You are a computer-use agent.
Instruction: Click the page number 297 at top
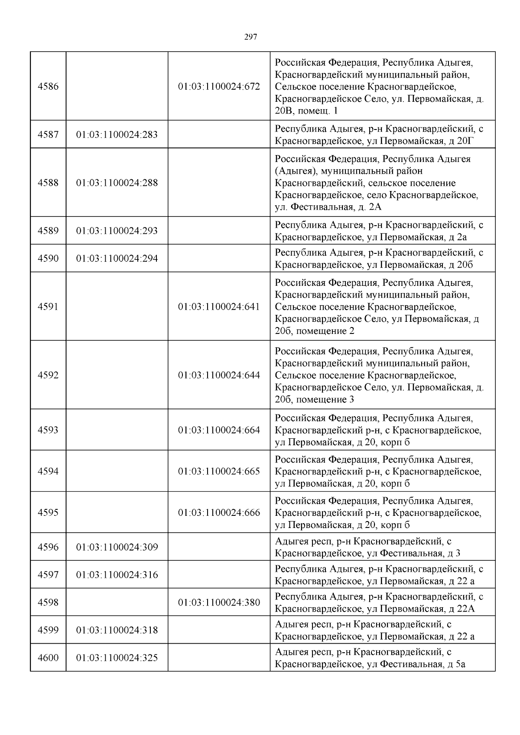[250, 37]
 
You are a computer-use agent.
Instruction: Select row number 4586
[48, 86]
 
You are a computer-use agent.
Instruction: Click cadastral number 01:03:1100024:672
[219, 86]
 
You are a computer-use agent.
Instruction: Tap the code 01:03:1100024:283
[117, 135]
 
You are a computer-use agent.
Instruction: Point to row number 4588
[48, 183]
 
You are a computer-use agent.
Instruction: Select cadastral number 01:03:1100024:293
[117, 231]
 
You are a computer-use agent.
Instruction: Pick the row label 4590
[48, 259]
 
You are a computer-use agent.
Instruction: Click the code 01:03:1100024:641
[219, 307]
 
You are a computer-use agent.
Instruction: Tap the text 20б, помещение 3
[314, 399]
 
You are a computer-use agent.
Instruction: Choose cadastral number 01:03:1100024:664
[219, 430]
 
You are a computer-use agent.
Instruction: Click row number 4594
[48, 471]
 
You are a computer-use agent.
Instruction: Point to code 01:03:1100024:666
[219, 513]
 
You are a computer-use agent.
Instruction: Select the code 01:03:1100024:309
[117, 547]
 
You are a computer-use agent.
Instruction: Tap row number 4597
[48, 575]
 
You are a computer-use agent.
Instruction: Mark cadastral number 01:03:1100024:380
[219, 602]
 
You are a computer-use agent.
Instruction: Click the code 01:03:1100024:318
[117, 630]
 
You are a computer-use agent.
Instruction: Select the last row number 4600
[48, 658]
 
